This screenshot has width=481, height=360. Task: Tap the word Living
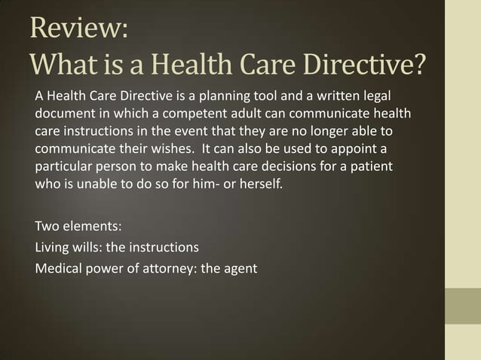click(54, 246)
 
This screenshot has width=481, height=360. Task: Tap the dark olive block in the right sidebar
click(463, 306)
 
